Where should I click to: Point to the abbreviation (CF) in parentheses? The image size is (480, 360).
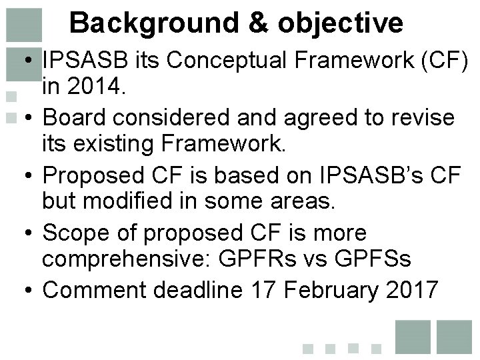446,61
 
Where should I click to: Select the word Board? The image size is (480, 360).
75,118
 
